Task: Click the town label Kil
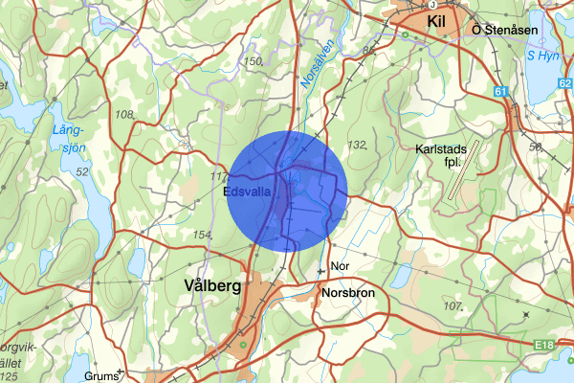coord(438,18)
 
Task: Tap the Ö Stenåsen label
coord(505,31)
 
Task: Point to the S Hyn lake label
coord(543,55)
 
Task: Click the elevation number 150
coord(253,61)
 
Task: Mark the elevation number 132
coord(358,145)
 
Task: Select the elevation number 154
coord(202,235)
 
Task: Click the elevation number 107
coord(453,306)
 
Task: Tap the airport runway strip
coord(465,171)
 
